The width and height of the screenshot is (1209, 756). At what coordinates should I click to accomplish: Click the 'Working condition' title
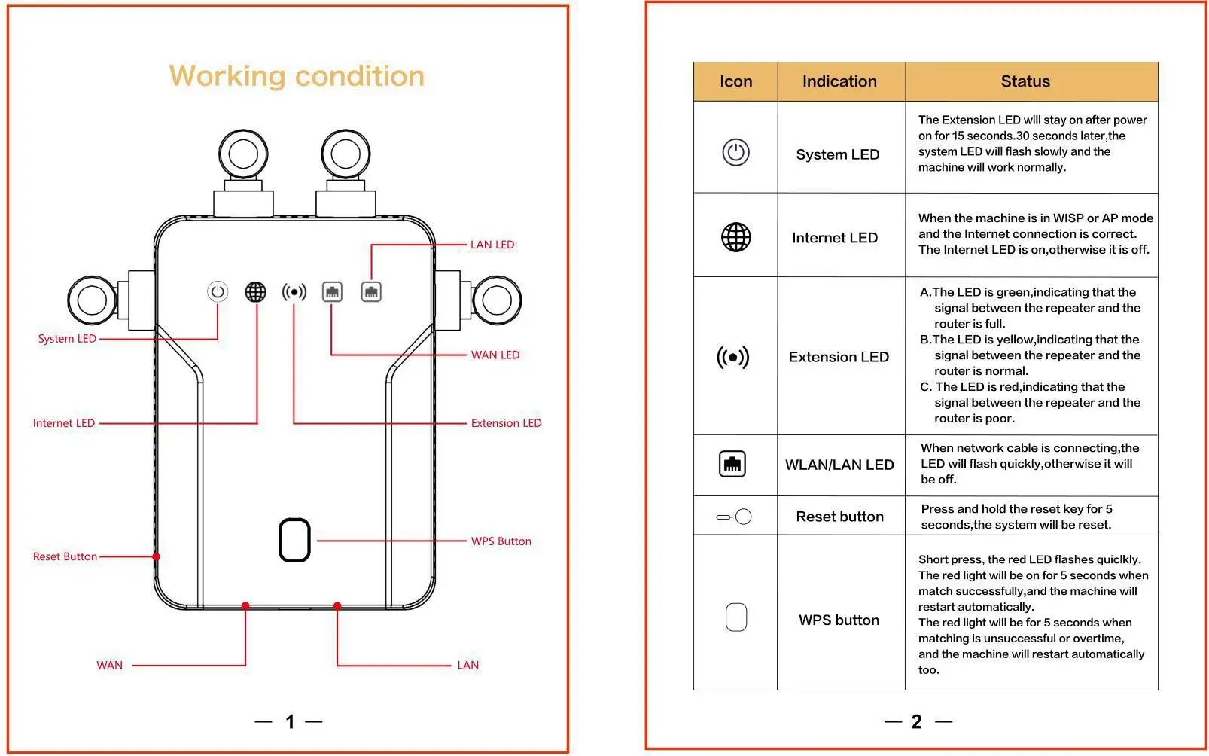pos(297,76)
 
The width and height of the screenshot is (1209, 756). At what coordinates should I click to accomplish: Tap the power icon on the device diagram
pos(218,291)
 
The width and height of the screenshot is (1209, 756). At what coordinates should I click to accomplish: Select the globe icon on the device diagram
pos(256,291)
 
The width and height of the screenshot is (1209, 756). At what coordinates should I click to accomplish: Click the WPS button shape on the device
pos(294,540)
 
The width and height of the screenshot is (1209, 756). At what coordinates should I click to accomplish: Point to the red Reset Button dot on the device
pos(157,557)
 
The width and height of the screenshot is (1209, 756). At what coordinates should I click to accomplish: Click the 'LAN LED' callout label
pos(492,245)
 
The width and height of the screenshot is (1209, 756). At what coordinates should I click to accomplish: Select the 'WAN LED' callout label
pos(495,355)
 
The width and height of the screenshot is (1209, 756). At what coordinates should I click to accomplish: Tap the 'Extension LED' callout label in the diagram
pos(506,423)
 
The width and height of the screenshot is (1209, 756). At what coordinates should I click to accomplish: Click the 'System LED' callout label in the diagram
pos(67,339)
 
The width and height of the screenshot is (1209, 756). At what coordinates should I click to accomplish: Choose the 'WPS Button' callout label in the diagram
pos(501,541)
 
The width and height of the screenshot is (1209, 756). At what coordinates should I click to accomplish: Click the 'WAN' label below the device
pos(109,666)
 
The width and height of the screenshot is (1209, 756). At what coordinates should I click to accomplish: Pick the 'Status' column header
pos(1025,81)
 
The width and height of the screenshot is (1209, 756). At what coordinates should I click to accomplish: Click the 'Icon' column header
pos(735,81)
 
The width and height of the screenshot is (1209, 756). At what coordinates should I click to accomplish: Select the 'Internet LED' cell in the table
pos(835,238)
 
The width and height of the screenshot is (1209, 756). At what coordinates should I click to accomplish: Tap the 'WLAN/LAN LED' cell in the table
pos(839,465)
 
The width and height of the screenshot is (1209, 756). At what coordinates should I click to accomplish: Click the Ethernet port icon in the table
pos(732,463)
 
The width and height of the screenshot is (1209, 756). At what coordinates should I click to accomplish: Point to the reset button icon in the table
pos(734,517)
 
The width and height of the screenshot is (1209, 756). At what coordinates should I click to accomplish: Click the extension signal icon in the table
pos(733,357)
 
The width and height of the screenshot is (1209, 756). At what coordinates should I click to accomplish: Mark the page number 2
pos(916,722)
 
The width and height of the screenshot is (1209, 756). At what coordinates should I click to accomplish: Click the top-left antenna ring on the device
pos(243,154)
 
